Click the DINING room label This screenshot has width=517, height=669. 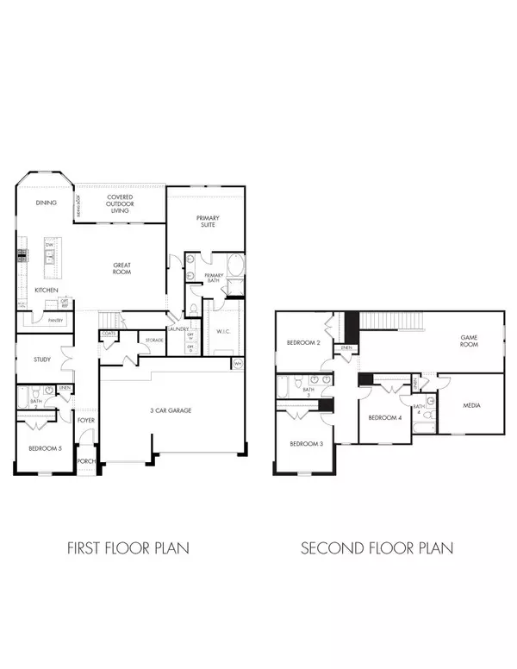tap(46, 203)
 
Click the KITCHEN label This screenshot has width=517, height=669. tap(46, 291)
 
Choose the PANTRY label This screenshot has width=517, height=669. tap(55, 320)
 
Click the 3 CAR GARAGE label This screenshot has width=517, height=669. tap(169, 410)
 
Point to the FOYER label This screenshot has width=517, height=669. tap(86, 422)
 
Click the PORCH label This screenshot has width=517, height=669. tap(86, 460)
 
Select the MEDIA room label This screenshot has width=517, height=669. tap(470, 404)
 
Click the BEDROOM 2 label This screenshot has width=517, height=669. tap(303, 343)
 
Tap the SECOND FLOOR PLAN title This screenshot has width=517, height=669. tap(377, 547)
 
